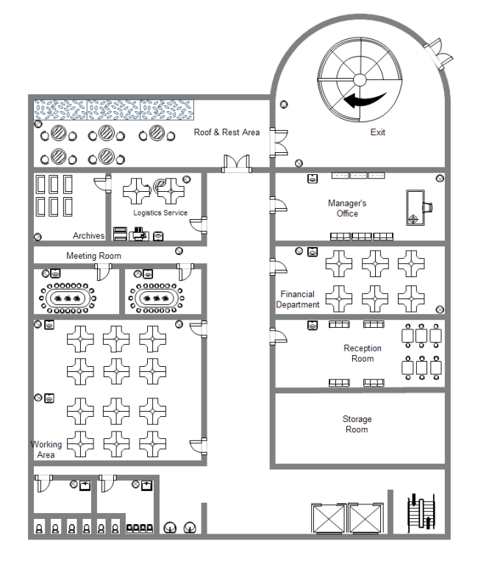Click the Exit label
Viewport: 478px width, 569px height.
(x=377, y=132)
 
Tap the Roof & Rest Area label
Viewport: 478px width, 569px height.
(x=226, y=132)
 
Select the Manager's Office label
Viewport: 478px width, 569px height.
(x=347, y=208)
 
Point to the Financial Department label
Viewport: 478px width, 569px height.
(x=298, y=299)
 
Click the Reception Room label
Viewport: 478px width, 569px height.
(x=363, y=354)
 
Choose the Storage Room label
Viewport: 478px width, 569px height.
(x=357, y=424)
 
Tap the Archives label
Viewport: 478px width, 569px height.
(x=88, y=236)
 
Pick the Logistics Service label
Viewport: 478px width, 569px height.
(x=160, y=213)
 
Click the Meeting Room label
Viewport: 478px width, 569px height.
(x=93, y=256)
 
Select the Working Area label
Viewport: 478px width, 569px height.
(x=46, y=449)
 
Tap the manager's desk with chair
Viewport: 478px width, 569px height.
(x=418, y=207)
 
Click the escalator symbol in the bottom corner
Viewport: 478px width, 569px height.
(x=421, y=512)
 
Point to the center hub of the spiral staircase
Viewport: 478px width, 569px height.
(x=360, y=79)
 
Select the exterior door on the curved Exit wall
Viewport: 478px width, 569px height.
(x=441, y=51)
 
